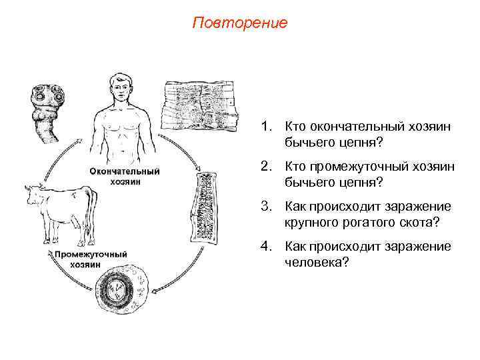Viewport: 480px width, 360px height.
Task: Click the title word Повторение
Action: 239,23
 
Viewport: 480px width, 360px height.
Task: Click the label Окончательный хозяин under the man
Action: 125,176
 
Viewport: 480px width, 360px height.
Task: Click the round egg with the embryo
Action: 118,289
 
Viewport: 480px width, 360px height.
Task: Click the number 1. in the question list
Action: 267,126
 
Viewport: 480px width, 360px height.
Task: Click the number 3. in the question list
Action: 267,207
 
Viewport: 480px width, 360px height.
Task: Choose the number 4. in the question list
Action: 267,247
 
